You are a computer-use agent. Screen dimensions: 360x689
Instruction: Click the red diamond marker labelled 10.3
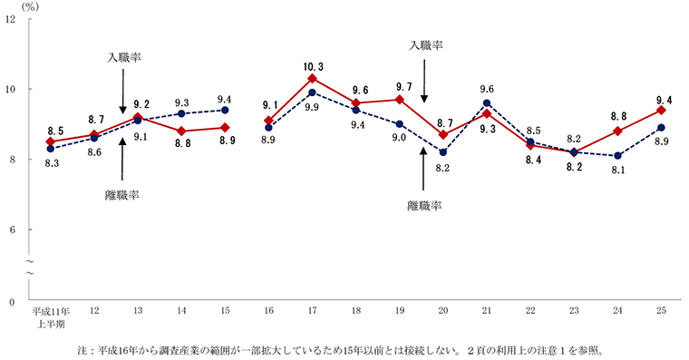tap(313, 79)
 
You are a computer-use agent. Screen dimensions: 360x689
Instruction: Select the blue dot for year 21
tap(487, 102)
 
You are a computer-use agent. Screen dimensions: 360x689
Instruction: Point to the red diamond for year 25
tap(661, 110)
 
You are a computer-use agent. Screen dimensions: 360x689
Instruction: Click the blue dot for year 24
tap(617, 156)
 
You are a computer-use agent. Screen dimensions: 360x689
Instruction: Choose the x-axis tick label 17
tap(313, 311)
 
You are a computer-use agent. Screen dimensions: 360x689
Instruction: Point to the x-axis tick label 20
tap(443, 311)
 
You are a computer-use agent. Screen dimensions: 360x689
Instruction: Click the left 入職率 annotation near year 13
tap(123, 57)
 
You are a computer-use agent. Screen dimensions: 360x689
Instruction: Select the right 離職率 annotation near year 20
tap(423, 206)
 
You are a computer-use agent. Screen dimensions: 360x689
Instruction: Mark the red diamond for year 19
tap(400, 100)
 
